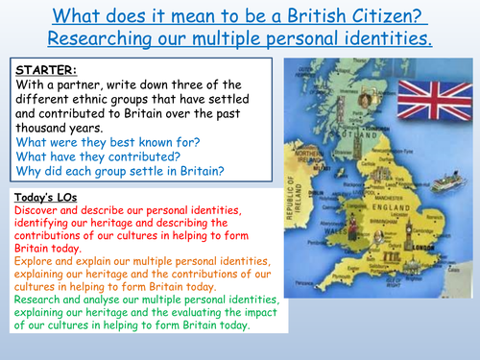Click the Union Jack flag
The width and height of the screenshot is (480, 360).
tap(429, 99)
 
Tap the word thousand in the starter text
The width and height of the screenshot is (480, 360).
tap(42, 125)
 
